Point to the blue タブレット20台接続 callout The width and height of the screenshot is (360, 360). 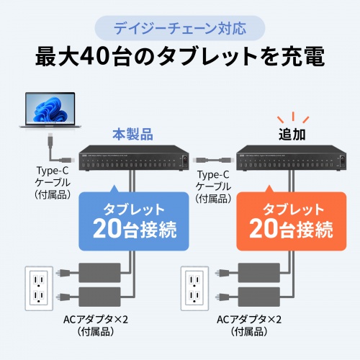point(127,221)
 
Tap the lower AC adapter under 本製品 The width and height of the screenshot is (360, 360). point(102,296)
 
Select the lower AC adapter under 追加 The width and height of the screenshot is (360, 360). point(260,296)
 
